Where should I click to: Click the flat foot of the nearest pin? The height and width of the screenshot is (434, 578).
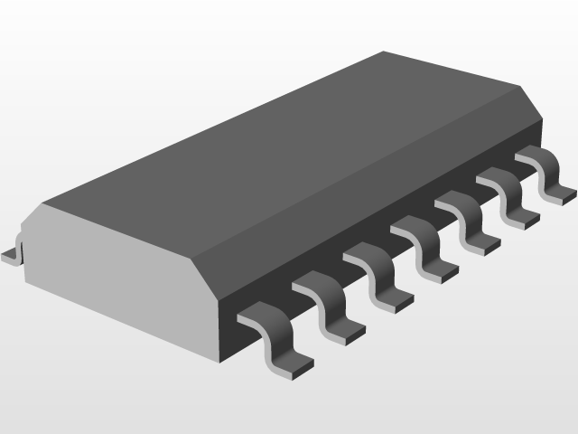point(291,363)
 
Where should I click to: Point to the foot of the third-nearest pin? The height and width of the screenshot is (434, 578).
point(394,301)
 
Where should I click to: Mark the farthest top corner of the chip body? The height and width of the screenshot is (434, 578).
point(384,52)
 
